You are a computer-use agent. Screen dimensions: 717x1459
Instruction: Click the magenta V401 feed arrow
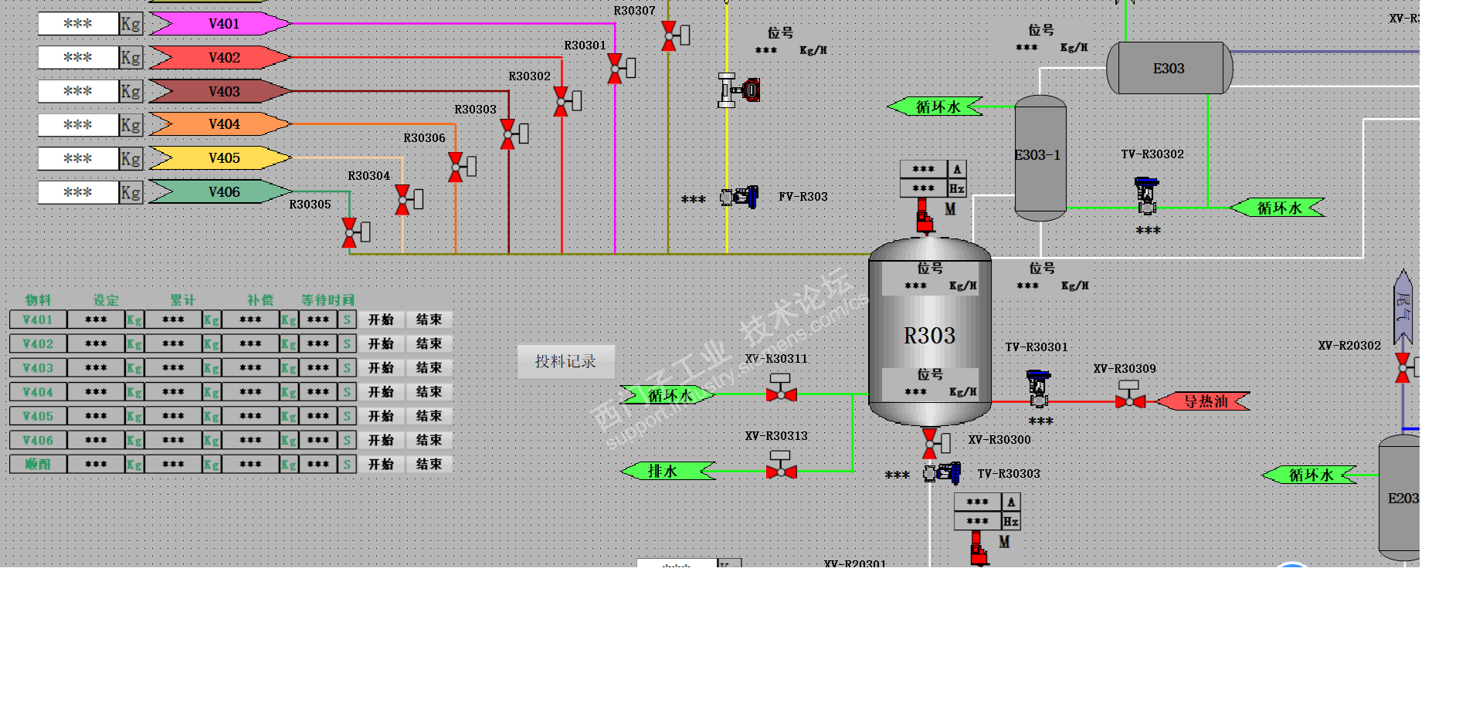pyautogui.click(x=220, y=24)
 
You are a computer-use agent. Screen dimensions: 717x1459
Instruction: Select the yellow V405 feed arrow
pyautogui.click(x=220, y=158)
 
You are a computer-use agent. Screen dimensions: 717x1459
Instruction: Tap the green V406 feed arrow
pyautogui.click(x=220, y=192)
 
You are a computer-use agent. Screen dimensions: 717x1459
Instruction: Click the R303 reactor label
pyautogui.click(x=929, y=336)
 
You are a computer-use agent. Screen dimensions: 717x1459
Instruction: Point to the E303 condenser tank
pyautogui.click(x=1169, y=69)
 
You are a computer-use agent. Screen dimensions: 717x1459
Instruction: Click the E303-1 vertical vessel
pyautogui.click(x=1040, y=157)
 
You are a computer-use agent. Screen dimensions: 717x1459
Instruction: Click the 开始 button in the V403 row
pyautogui.click(x=381, y=368)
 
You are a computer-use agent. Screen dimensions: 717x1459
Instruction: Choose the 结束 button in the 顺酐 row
pyautogui.click(x=429, y=465)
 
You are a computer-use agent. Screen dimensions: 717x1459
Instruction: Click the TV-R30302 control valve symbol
pyautogui.click(x=1146, y=196)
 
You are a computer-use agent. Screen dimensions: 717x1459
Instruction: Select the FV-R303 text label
pyautogui.click(x=802, y=197)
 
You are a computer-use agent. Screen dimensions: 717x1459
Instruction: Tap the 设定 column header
pyautogui.click(x=106, y=300)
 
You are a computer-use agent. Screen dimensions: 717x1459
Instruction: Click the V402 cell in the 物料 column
pyautogui.click(x=38, y=344)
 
